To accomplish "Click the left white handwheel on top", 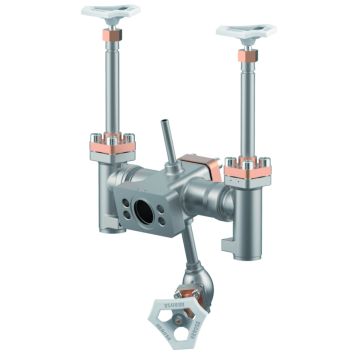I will (x=111, y=12).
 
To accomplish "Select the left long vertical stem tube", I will (x=107, y=90).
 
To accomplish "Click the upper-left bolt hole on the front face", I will (x=126, y=197).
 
